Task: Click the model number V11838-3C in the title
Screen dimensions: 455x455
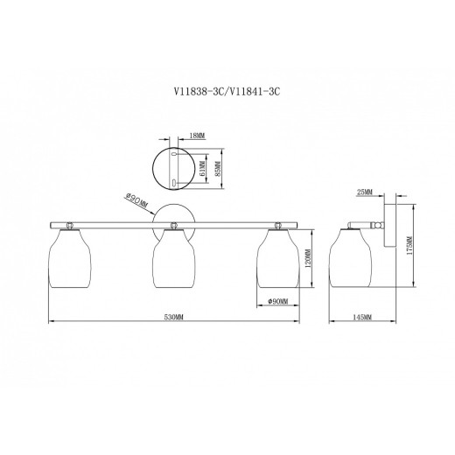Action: click(x=199, y=92)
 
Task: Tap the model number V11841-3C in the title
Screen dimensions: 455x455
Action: click(x=255, y=92)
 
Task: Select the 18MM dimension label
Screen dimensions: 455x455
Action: click(x=198, y=136)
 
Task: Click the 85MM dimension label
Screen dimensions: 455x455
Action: click(x=218, y=169)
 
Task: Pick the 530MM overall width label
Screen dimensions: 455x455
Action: click(x=173, y=318)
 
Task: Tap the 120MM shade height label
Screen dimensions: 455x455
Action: click(x=309, y=258)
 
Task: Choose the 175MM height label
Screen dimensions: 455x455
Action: click(x=409, y=246)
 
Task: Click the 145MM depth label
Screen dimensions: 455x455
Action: click(x=362, y=318)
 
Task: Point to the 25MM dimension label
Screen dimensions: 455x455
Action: click(x=365, y=192)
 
